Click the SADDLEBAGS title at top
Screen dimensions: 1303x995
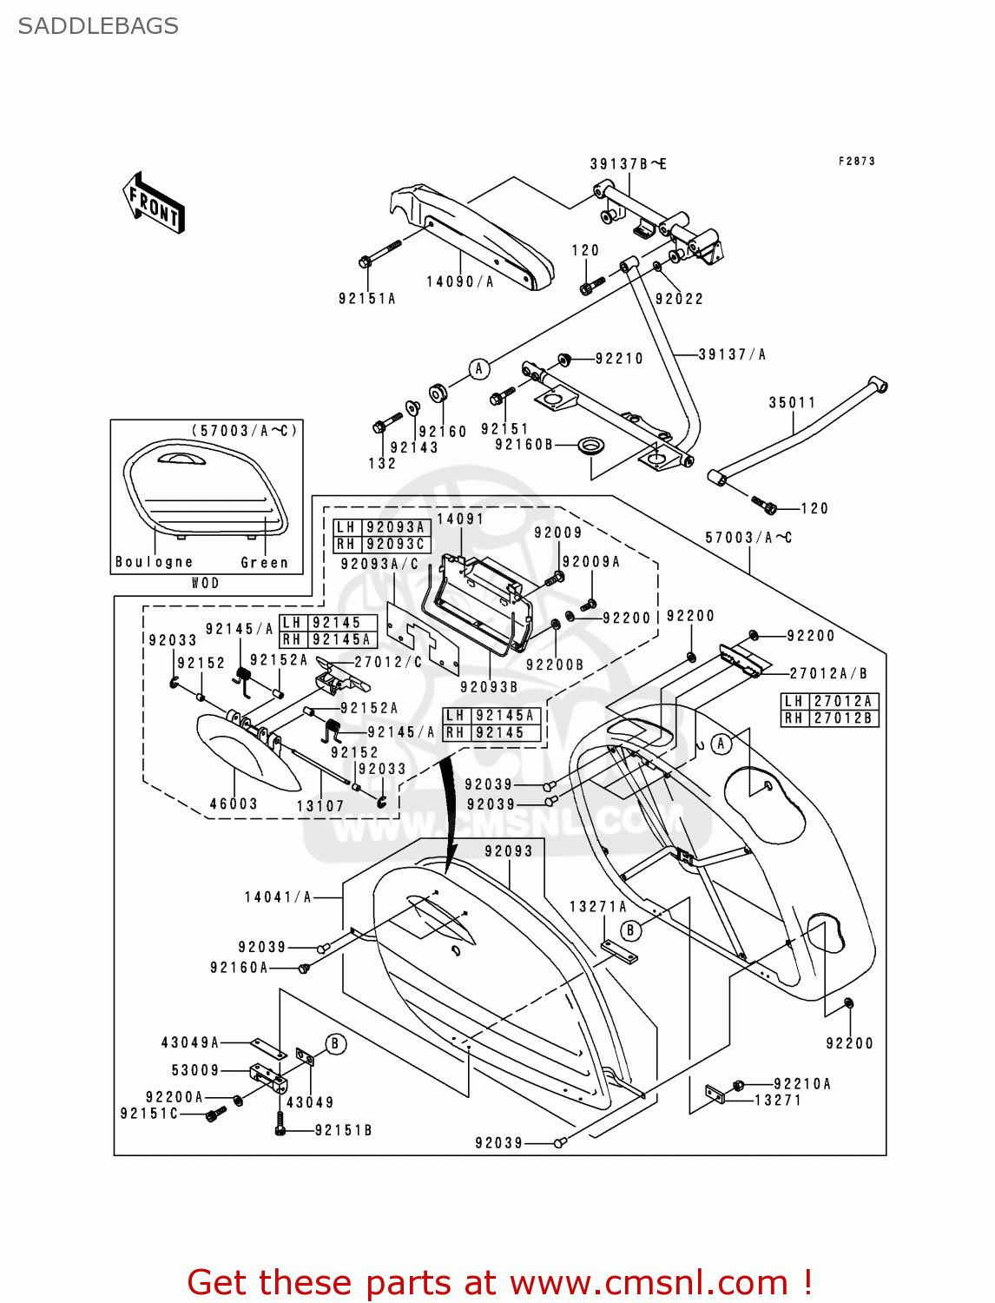point(98,26)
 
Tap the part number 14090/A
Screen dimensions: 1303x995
point(459,281)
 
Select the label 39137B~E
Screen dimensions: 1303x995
point(628,164)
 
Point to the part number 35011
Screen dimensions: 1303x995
point(792,402)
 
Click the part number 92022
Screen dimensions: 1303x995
point(679,299)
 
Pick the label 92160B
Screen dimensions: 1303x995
point(524,445)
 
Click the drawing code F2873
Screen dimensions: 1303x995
point(856,161)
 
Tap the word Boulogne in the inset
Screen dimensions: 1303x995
point(155,562)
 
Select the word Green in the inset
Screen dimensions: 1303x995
point(264,563)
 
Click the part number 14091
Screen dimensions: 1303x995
point(460,519)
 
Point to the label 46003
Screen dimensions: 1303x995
point(234,804)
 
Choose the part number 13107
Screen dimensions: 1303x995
point(320,806)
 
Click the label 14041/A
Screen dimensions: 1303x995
point(278,897)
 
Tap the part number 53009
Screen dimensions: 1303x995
point(195,1070)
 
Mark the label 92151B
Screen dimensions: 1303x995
point(343,1130)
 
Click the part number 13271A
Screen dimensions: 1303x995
point(597,906)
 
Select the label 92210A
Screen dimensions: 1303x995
point(802,1083)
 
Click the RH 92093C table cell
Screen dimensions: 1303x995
point(382,544)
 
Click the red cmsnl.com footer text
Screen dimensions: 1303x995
point(499,1282)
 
